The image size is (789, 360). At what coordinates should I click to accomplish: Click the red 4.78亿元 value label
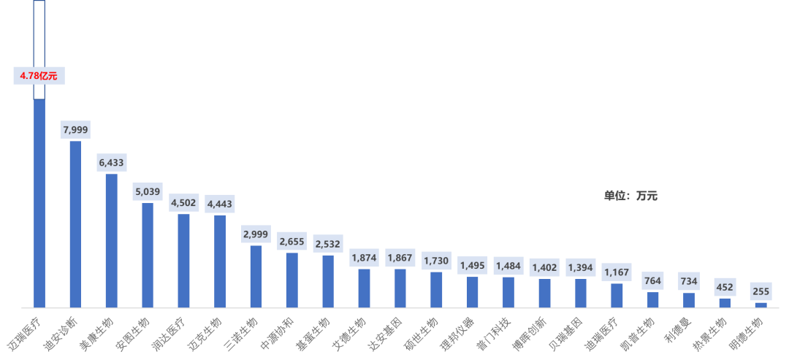coord(39,76)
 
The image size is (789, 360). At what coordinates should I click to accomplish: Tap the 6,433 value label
coord(112,162)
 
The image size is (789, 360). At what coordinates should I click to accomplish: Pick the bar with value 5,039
coord(148,255)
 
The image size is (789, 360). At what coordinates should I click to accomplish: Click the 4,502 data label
coord(183,202)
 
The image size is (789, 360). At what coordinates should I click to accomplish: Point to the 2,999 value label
coord(256,234)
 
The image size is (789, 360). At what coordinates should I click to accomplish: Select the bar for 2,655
coord(291,280)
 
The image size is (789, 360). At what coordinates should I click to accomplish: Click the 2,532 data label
coord(328,243)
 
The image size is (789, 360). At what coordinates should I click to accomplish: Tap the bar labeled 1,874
coord(364,288)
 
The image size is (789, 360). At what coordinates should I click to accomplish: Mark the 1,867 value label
coord(400,258)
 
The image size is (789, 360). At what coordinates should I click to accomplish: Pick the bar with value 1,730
coord(436,289)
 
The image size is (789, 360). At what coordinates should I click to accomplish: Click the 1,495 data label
coord(472,265)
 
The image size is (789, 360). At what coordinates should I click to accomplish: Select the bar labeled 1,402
coord(544,293)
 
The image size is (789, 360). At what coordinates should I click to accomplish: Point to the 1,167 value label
coord(617,272)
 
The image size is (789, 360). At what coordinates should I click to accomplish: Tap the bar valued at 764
coord(653,299)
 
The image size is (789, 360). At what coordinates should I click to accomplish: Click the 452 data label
coord(725,287)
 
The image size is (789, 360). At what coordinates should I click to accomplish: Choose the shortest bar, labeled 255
coord(761,305)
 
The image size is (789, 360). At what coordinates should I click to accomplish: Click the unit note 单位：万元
coord(630,196)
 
